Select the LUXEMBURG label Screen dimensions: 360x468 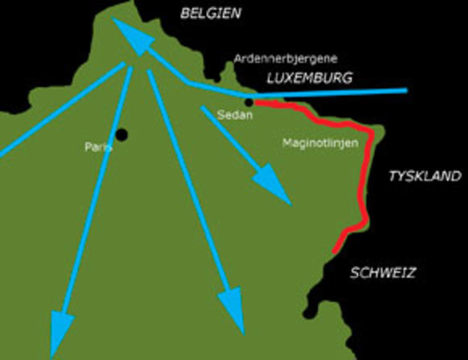pyautogui.click(x=308, y=77)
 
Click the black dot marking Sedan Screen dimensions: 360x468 pyautogui.click(x=249, y=103)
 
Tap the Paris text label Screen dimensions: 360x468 pyautogui.click(x=97, y=148)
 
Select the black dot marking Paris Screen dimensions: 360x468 pyautogui.click(x=121, y=134)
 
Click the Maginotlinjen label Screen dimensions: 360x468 pyautogui.click(x=319, y=142)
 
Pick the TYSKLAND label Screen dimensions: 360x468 pyautogui.click(x=424, y=176)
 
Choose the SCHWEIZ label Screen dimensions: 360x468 pyautogui.click(x=383, y=273)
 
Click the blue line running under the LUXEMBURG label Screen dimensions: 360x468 pyautogui.click(x=337, y=93)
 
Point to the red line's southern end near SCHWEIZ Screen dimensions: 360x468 pyautogui.click(x=335, y=250)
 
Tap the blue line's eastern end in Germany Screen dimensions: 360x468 pyautogui.click(x=405, y=91)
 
